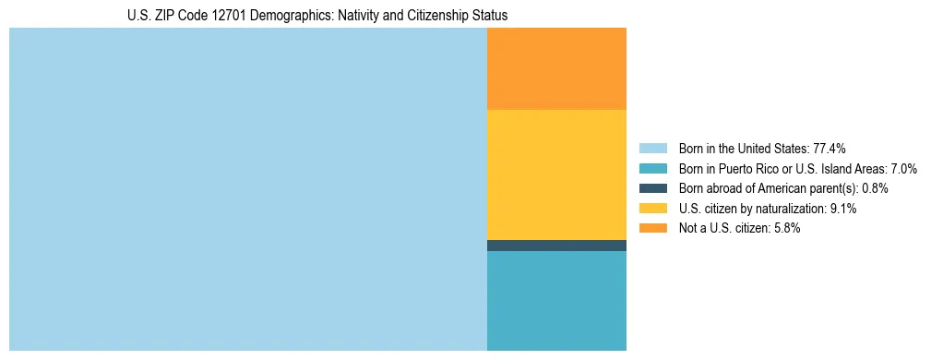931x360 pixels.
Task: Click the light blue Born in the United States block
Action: pos(247,189)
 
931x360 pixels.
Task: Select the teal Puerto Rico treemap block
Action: pos(556,301)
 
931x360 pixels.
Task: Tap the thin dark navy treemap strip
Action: pos(556,246)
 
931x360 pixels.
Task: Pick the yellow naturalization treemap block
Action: pos(556,174)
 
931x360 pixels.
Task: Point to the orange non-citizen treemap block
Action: pos(556,69)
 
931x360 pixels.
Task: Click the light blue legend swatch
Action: pos(652,149)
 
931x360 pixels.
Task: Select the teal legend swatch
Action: pos(652,169)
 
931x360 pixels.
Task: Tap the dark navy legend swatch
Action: pos(652,188)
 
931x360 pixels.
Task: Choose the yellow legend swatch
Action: pos(652,209)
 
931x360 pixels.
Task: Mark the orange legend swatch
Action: pos(652,228)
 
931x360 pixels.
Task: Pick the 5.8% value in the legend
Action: pos(786,228)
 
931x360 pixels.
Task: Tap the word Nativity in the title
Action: pos(342,16)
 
